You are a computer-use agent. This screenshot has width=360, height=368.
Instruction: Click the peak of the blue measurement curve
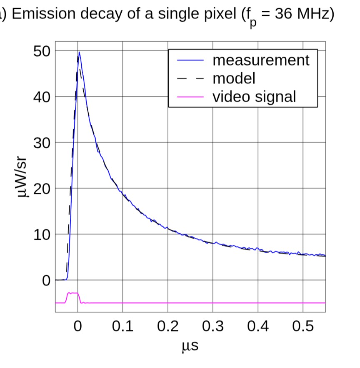pos(79,52)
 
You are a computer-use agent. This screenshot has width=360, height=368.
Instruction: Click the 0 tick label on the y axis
pos(45,280)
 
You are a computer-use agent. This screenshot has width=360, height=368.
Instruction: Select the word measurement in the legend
pos(261,60)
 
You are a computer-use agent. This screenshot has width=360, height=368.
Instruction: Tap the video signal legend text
pos(254,96)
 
